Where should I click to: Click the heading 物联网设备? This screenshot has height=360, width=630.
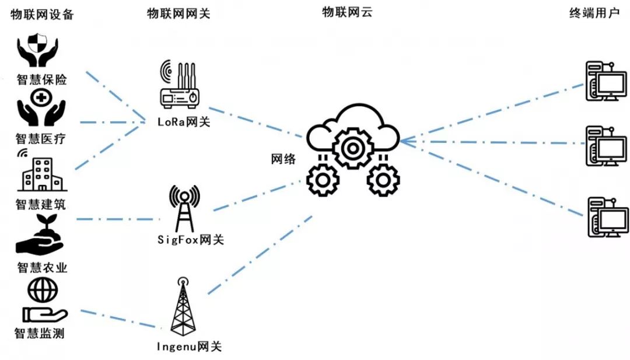pyautogui.click(x=43, y=15)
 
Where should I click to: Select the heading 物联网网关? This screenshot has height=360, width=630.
pyautogui.click(x=178, y=15)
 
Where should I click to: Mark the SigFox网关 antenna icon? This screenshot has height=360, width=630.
pyautogui.click(x=184, y=208)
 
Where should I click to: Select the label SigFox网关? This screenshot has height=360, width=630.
pyautogui.click(x=190, y=240)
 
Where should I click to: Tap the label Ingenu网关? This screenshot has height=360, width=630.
pyautogui.click(x=189, y=347)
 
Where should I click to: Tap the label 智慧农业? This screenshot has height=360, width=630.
pyautogui.click(x=43, y=268)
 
